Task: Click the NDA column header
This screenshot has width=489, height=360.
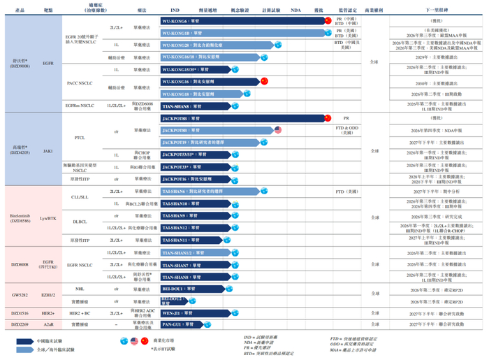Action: click(x=295, y=11)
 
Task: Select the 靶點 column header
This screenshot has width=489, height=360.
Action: click(x=48, y=11)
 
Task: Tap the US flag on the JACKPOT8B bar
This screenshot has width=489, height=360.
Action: click(x=277, y=130)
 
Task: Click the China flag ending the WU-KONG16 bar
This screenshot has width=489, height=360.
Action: click(x=264, y=81)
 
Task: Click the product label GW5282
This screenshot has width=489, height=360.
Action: click(x=20, y=294)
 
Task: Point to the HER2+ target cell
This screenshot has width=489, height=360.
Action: click(x=48, y=313)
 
